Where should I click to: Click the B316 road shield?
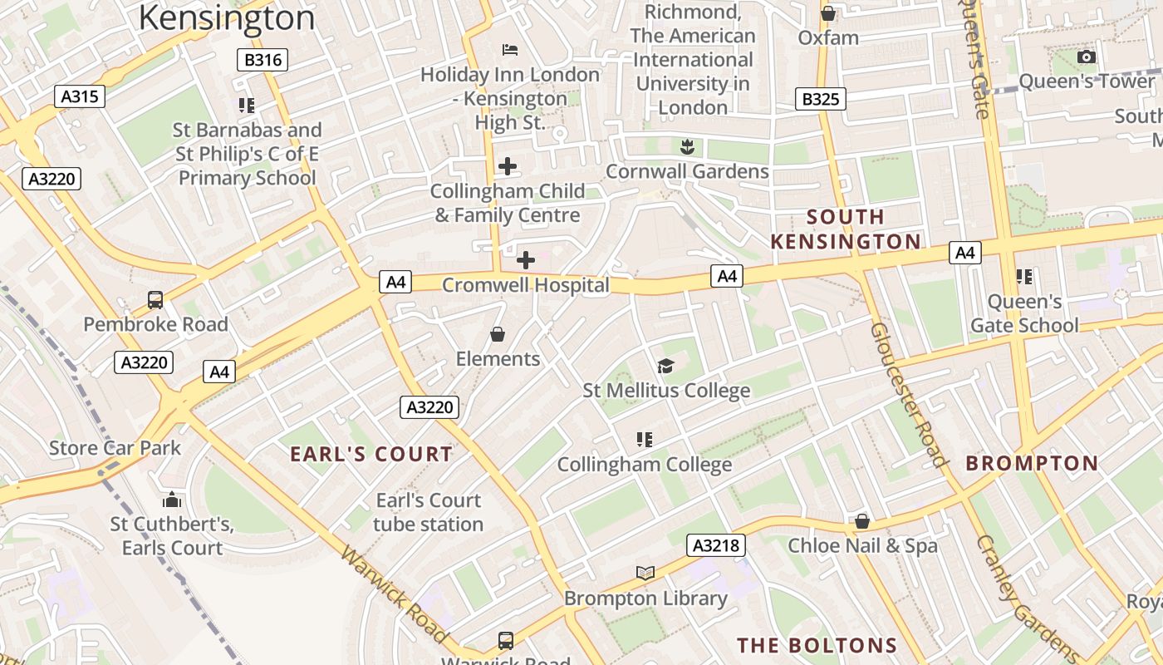263,60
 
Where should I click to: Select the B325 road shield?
820,99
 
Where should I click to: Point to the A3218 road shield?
716,545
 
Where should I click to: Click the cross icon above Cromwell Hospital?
526,260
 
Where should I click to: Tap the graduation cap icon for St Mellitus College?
665,366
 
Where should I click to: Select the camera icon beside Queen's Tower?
1086,57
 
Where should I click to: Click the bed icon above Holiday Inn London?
510,50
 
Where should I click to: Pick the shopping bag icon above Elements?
498,334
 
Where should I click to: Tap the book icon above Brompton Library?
645,573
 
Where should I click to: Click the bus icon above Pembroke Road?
155,299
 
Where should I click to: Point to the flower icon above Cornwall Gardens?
687,147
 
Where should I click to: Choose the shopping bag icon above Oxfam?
828,13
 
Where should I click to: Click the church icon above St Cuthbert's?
172,500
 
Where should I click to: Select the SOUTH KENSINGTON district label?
846,229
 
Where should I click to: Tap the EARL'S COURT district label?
371,455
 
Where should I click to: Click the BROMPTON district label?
1032,463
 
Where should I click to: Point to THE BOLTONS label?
817,646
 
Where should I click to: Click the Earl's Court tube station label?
428,512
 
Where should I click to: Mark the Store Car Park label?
115,448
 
